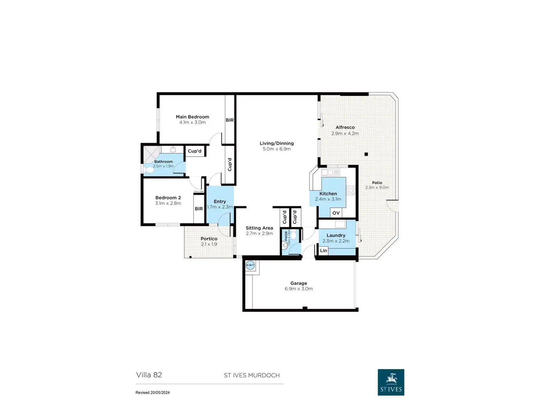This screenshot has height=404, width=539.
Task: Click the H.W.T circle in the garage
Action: point(250,265)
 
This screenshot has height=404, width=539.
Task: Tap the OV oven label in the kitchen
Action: point(336,213)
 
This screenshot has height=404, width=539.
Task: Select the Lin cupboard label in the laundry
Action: point(323,251)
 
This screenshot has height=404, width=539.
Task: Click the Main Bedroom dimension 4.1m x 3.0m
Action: point(192,123)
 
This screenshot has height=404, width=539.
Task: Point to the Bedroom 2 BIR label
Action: point(198,209)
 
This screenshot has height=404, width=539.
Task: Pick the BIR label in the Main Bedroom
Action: point(230,120)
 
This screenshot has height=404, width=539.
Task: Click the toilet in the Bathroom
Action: point(149,170)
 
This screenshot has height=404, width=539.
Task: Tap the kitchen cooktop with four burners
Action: point(351,190)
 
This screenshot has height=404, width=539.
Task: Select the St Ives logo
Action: point(391,382)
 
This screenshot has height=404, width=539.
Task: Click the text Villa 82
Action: point(149,375)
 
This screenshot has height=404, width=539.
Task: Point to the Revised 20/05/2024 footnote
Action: point(153,393)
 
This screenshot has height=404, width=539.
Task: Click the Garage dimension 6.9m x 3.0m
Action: point(298,289)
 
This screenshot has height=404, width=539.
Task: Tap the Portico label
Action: point(209,239)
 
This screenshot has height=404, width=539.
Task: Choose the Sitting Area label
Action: point(259,228)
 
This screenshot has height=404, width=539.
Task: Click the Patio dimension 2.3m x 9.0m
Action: point(377,187)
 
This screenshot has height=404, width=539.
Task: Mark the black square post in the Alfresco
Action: point(366,154)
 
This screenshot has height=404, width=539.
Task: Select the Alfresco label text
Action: point(345,127)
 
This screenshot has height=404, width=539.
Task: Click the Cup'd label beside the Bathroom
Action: point(194,151)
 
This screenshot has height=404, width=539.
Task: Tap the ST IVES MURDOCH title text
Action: point(252,375)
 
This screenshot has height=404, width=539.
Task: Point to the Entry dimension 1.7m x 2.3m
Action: point(220,207)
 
